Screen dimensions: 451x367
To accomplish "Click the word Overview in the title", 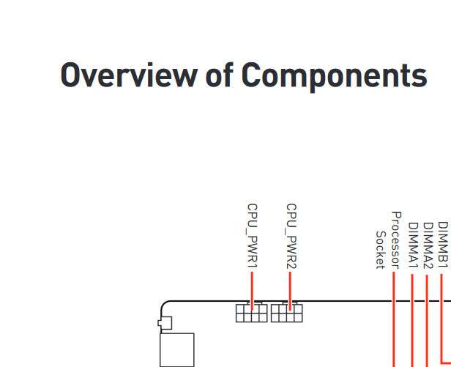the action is pos(129,75).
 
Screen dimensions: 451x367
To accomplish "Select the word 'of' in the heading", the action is pos(219,74).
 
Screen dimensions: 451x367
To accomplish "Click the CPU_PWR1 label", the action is pos(253,236).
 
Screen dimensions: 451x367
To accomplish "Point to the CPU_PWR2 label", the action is pos(291,236).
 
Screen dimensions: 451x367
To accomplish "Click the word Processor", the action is pos(396,240).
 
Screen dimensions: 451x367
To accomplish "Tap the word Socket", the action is pos(380,250).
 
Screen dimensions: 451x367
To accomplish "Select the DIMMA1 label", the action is pos(413,245).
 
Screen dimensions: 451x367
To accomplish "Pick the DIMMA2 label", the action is pos(428,245).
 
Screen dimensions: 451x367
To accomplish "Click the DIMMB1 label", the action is pos(443,245).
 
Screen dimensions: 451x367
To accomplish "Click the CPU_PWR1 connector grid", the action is pos(252,313).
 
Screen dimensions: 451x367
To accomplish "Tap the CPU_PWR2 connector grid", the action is pos(287,313).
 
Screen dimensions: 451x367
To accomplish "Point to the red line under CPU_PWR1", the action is pos(253,292).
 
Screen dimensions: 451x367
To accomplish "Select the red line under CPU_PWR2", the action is pos(290,292).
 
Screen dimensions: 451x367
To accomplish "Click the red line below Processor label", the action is pos(394,319).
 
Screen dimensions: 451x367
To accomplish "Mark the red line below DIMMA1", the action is pos(412,321).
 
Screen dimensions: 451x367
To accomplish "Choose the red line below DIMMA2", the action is pos(427,321).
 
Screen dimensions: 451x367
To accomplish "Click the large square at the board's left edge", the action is pos(177,350).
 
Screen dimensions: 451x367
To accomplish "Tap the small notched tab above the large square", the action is pos(165,323).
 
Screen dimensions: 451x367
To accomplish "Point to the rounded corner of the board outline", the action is pos(163,304).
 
